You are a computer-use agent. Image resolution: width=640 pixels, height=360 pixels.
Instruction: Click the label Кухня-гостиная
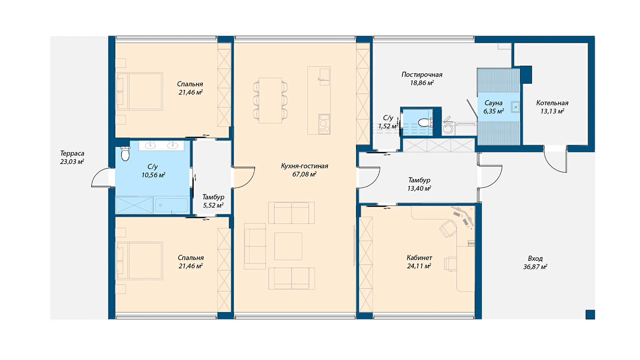pyautogui.click(x=304, y=166)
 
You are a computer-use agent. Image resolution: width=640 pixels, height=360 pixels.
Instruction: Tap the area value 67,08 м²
pyautogui.click(x=304, y=174)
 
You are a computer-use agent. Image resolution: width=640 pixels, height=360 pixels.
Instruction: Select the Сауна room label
pyautogui.click(x=494, y=103)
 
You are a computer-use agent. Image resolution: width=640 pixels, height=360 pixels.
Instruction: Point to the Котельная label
pyautogui.click(x=552, y=103)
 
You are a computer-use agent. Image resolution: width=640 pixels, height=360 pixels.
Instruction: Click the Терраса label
pyautogui.click(x=72, y=154)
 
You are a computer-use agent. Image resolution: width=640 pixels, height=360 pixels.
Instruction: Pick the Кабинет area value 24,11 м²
pyautogui.click(x=419, y=266)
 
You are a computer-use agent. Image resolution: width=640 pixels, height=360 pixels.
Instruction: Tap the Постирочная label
pyautogui.click(x=422, y=75)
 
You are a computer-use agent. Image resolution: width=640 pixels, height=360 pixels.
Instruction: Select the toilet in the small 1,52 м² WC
pyautogui.click(x=425, y=122)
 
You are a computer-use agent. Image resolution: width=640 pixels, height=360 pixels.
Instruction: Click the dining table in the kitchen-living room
pyautogui.click(x=270, y=100)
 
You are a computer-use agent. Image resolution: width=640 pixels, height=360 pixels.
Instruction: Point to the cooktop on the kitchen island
pyautogui.click(x=324, y=124)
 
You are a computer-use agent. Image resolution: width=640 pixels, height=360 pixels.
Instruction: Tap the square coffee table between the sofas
pyautogui.click(x=288, y=246)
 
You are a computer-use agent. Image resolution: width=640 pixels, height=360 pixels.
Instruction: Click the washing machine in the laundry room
pyautogui.click(x=448, y=128)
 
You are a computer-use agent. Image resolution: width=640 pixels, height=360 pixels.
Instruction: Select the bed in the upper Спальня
pyautogui.click(x=139, y=92)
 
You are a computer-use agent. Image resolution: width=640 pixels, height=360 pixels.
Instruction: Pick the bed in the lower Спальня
pyautogui.click(x=139, y=261)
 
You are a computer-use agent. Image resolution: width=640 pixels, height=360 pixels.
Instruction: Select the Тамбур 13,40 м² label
pyautogui.click(x=419, y=184)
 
